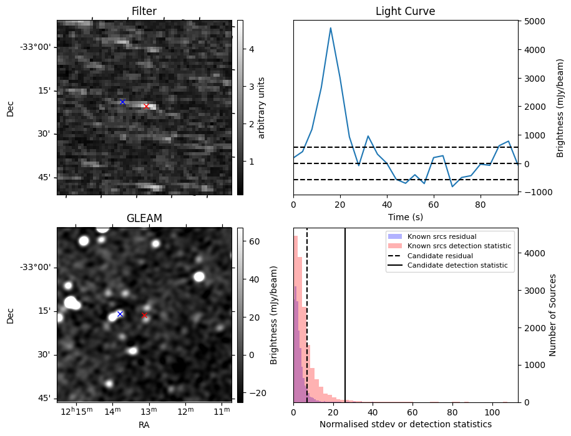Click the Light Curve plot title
pos(405,11)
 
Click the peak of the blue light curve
pos(330,28)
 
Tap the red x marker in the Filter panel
pos(146,106)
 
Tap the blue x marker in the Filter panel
pos(122,102)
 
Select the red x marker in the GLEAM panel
pos(144,315)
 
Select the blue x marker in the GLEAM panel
pos(120,314)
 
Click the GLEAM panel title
pos(144,218)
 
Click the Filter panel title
pos(144,11)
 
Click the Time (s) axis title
pos(405,216)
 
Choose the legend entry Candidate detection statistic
pos(459,266)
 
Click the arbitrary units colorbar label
pos(262,107)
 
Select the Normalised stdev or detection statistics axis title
pos(405,424)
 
